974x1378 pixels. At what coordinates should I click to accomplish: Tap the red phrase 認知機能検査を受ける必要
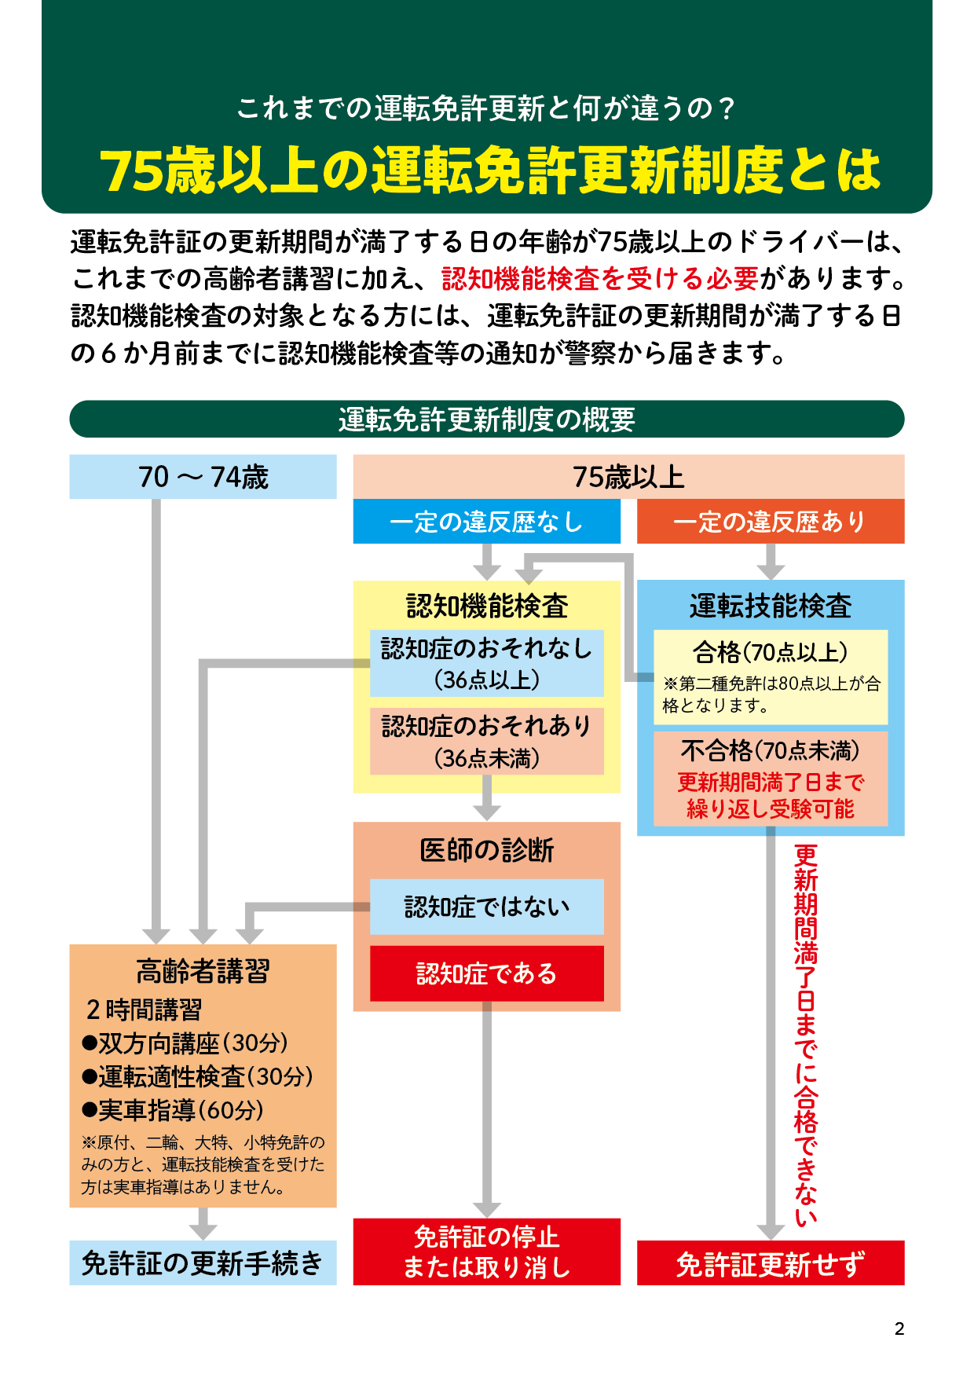[x=600, y=278]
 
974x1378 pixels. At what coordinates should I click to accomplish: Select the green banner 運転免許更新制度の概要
[x=487, y=420]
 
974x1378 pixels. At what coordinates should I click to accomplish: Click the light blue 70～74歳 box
[x=203, y=477]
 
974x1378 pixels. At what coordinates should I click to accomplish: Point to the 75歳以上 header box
[x=628, y=477]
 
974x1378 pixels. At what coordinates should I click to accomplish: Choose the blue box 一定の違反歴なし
[x=486, y=522]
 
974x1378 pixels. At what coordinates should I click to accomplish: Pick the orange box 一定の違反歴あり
[x=770, y=522]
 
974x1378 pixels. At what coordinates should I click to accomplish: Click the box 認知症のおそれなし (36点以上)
[x=487, y=663]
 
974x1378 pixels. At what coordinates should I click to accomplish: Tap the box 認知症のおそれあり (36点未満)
[x=487, y=742]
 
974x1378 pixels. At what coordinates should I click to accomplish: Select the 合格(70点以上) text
[x=770, y=652]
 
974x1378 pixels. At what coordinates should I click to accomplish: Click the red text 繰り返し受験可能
[x=770, y=808]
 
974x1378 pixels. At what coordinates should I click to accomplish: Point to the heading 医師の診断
[x=487, y=850]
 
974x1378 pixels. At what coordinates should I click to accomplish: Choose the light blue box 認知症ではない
[x=487, y=907]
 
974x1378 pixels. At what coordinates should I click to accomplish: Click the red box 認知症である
[x=487, y=973]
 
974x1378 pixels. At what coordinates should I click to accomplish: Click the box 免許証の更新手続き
[x=203, y=1263]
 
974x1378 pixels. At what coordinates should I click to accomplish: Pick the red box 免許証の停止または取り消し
[x=487, y=1252]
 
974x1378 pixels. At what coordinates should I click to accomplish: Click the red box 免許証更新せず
[x=770, y=1263]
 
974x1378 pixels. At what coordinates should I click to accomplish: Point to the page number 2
[x=899, y=1329]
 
